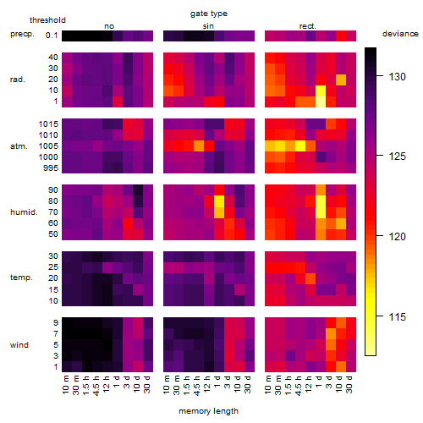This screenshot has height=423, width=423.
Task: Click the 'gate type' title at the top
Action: pos(209,14)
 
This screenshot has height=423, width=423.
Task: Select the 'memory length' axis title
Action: pos(208,411)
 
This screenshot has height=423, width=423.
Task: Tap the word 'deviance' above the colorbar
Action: pos(400,34)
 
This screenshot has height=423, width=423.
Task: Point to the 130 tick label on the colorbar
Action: pos(397,76)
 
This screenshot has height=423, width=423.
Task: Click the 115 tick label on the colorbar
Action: pos(397,316)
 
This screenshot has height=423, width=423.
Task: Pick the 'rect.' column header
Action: pos(307,26)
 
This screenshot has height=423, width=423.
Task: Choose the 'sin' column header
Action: pos(208,26)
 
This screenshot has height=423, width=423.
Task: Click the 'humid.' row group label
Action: pos(24,211)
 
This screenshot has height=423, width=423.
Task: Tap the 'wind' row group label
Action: pos(19,344)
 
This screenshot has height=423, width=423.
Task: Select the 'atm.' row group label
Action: pos(19,146)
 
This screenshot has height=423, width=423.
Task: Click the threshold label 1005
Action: pos(48,146)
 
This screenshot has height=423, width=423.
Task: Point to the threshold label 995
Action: pos(51,168)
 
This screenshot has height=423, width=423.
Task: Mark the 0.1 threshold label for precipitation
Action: pos(52,36)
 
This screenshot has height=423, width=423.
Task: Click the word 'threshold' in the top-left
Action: pos(47,20)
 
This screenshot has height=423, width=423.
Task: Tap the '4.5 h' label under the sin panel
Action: pos(197,385)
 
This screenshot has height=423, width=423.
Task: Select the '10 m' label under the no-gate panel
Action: pos(65,384)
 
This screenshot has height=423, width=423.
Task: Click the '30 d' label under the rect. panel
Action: pos(349,384)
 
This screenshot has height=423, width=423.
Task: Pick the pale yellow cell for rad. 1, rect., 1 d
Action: pos(321,102)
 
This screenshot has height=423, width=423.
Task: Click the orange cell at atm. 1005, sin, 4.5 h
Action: pos(199,146)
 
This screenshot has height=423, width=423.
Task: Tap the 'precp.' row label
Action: pos(22,34)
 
